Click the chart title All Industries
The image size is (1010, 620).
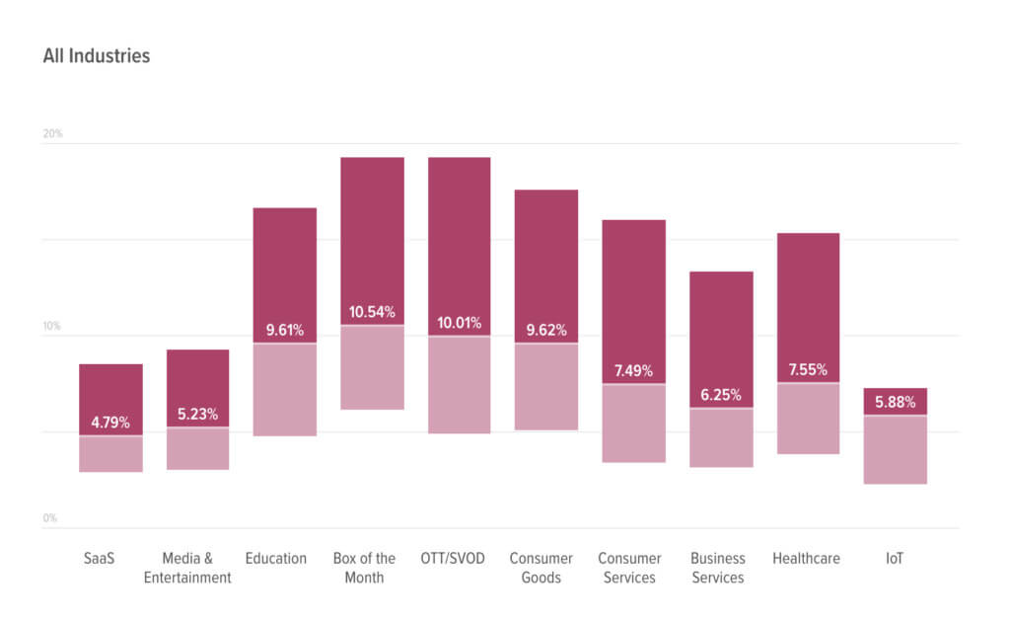coord(97,56)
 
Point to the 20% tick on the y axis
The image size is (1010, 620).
coord(52,133)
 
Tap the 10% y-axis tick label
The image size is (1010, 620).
coord(52,326)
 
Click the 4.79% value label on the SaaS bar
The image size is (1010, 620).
coord(110,423)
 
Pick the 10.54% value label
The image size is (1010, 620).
coord(372,313)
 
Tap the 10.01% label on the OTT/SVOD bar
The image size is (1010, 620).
coord(459,324)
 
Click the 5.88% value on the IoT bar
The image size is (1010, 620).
coord(895,403)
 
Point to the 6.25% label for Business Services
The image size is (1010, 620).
coord(720,395)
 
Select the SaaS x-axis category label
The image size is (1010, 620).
coord(100,559)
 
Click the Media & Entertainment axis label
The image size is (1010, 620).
coord(187,568)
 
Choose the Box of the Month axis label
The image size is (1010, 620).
coord(364,568)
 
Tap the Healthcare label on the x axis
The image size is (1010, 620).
coord(806,559)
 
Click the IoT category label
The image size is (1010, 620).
coord(894,559)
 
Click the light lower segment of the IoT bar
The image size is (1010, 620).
coord(895,450)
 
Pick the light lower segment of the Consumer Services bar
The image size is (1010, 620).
coord(633,424)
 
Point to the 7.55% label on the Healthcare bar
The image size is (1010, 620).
coord(808,370)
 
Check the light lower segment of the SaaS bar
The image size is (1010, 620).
coord(110,454)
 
